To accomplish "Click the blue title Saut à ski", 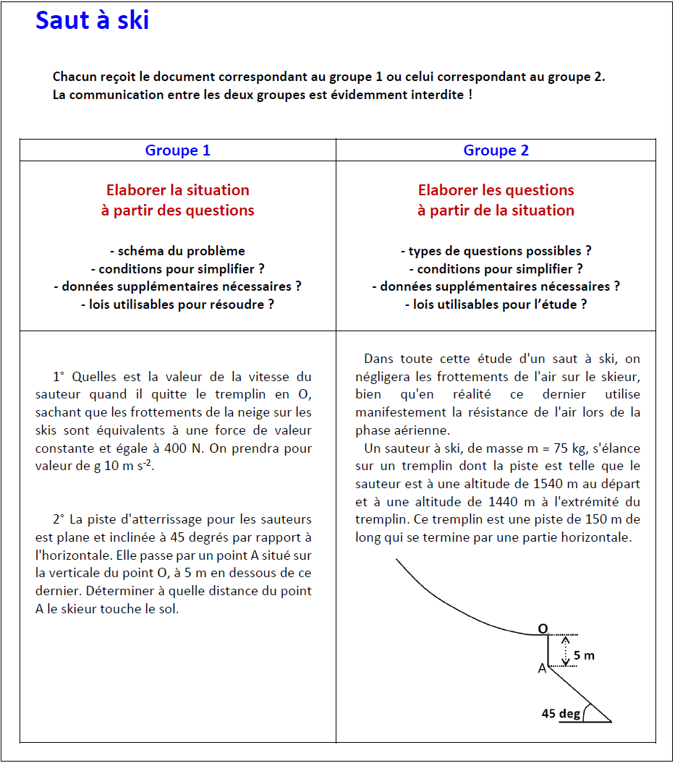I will pyautogui.click(x=92, y=20).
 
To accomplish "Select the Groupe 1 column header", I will pyautogui.click(x=178, y=150).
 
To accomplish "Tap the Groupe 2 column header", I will pyautogui.click(x=496, y=150).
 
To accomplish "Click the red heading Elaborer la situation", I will pyautogui.click(x=178, y=190).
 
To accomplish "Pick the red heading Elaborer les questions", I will pyautogui.click(x=496, y=190).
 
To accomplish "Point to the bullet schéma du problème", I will pyautogui.click(x=178, y=251).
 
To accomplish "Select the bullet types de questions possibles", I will pyautogui.click(x=496, y=251).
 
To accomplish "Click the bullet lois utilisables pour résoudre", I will pyautogui.click(x=178, y=304).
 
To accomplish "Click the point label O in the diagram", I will pyautogui.click(x=542, y=629).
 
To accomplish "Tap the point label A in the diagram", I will pyautogui.click(x=542, y=669).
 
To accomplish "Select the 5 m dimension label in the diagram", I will pyautogui.click(x=584, y=655).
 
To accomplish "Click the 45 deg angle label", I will pyautogui.click(x=561, y=714).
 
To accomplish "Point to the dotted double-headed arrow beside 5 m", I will pyautogui.click(x=566, y=649).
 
